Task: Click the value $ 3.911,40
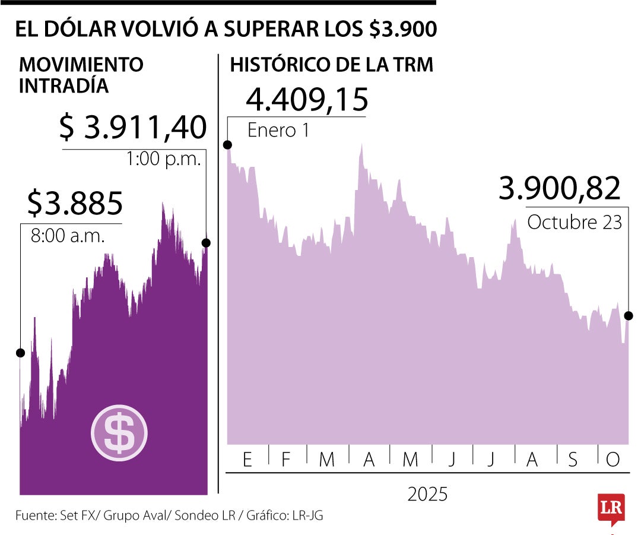pyautogui.click(x=134, y=128)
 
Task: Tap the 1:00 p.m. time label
pyautogui.click(x=164, y=159)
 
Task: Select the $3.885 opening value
pyautogui.click(x=75, y=204)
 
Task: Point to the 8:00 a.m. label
pyautogui.click(x=67, y=236)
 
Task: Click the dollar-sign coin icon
pyautogui.click(x=119, y=433)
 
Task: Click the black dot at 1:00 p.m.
pyautogui.click(x=206, y=242)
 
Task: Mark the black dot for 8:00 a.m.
pyautogui.click(x=20, y=353)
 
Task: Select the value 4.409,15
pyautogui.click(x=307, y=99)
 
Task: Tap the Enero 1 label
pyautogui.click(x=278, y=131)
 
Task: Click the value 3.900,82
pyautogui.click(x=559, y=189)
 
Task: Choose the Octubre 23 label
pyautogui.click(x=574, y=222)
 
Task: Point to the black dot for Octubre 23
pyautogui.click(x=629, y=316)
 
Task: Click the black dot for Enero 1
pyautogui.click(x=227, y=145)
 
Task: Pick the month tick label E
pyautogui.click(x=247, y=460)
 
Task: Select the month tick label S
pyautogui.click(x=573, y=460)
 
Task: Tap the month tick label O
pyautogui.click(x=612, y=460)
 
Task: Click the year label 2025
pyautogui.click(x=427, y=494)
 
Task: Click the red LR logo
pyautogui.click(x=611, y=508)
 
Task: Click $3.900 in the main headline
pyautogui.click(x=402, y=30)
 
